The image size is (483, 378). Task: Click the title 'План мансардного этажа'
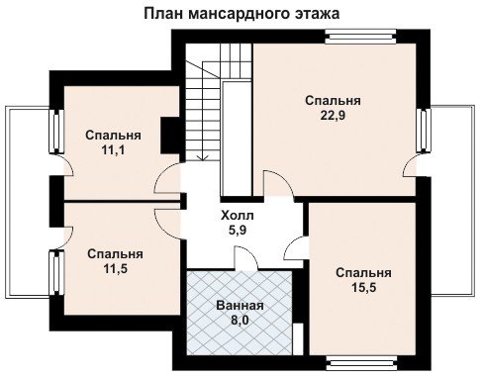point(241,14)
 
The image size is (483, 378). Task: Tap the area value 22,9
point(333,116)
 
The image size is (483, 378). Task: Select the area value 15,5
point(363,288)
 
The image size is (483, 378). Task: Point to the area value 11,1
point(113,150)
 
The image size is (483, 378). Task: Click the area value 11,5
point(116,269)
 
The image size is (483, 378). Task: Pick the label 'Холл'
point(238,216)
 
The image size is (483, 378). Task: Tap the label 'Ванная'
point(240,306)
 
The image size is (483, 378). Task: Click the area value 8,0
point(240,320)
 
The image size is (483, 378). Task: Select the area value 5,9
point(238,230)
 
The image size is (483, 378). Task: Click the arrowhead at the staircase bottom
point(203,158)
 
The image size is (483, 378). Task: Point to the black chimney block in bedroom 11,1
point(169,136)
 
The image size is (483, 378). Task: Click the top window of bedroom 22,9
point(360,37)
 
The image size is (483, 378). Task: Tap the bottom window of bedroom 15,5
point(362,363)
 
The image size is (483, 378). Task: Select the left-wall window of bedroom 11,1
point(56,132)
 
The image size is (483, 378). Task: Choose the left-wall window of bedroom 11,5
point(56,273)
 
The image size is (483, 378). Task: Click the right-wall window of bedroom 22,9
point(424,131)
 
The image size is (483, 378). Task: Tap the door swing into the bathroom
point(245,258)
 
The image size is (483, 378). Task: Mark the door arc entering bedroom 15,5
point(296,247)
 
